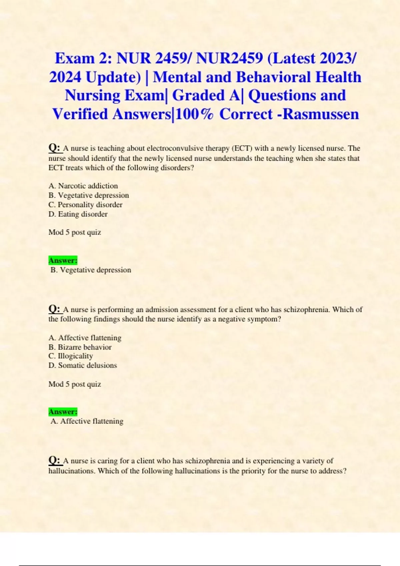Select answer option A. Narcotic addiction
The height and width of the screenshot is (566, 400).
pyautogui.click(x=83, y=186)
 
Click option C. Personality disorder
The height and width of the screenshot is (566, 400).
pyautogui.click(x=85, y=204)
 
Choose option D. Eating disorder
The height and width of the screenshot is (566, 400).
pyautogui.click(x=78, y=214)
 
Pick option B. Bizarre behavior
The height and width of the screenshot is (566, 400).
pyautogui.click(x=80, y=347)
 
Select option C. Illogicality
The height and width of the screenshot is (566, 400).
pyautogui.click(x=71, y=356)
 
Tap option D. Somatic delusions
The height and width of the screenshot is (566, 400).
pyautogui.click(x=83, y=365)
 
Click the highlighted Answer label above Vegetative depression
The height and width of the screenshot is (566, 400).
pyautogui.click(x=63, y=260)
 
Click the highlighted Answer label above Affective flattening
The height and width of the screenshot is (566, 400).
pyautogui.click(x=63, y=412)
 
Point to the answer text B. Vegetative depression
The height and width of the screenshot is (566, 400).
pyautogui.click(x=91, y=270)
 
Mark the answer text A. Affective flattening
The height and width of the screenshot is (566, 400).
pyautogui.click(x=87, y=421)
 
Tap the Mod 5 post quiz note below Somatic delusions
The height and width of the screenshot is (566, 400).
pyautogui.click(x=75, y=384)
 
